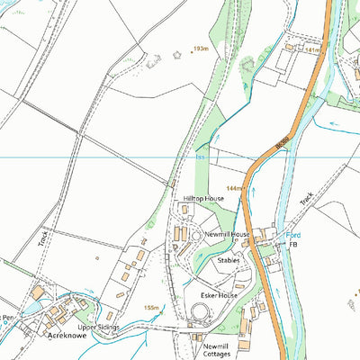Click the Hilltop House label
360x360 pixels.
point(203,197)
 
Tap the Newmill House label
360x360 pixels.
point(228,235)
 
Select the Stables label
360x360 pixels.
point(229,259)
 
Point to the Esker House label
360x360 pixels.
point(219,294)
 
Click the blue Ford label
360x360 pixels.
point(292,234)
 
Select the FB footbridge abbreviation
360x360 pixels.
point(292,245)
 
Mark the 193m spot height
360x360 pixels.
point(200,49)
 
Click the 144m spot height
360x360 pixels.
point(236,188)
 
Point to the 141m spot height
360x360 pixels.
point(312,51)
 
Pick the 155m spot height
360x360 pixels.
point(151,308)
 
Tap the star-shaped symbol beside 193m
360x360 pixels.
point(176,54)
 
